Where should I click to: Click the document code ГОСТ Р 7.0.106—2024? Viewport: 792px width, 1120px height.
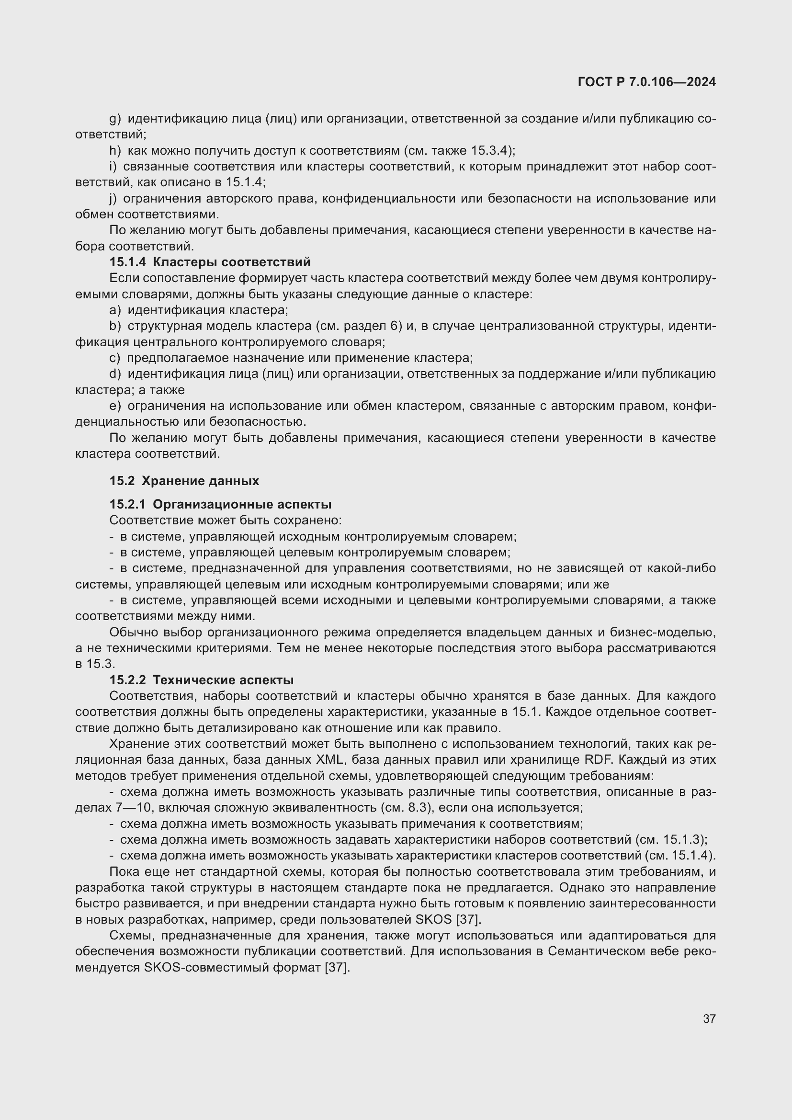(646, 82)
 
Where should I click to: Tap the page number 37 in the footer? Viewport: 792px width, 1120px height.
(709, 1018)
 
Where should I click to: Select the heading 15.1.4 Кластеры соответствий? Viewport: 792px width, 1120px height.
(210, 262)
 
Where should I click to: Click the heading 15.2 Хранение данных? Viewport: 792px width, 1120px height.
(184, 480)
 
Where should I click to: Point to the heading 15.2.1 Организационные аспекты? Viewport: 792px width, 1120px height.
(220, 504)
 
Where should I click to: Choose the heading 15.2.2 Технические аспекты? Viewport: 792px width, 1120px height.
(201, 679)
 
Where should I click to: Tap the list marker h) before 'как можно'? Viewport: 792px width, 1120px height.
(115, 150)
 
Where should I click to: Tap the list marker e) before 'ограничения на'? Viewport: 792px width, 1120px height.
(115, 406)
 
